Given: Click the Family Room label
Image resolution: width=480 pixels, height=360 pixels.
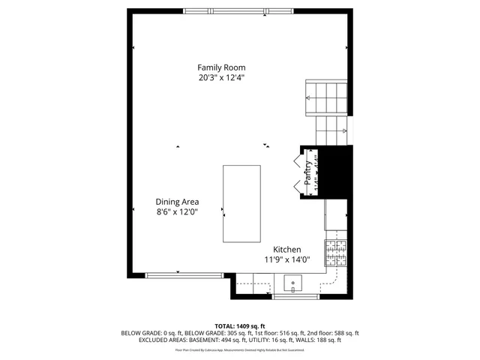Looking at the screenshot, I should click(x=221, y=67).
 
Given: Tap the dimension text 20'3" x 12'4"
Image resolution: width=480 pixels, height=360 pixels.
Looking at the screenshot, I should click(x=221, y=77).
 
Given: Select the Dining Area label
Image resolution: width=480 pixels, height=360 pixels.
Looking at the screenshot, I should click(x=177, y=201).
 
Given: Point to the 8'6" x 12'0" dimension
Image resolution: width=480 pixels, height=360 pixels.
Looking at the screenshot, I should click(x=177, y=211).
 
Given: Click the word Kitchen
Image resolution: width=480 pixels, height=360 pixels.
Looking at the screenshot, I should click(x=286, y=250).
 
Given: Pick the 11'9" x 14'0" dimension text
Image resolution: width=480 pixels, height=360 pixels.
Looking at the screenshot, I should click(x=286, y=260).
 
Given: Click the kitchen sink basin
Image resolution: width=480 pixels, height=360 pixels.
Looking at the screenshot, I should click(x=293, y=283).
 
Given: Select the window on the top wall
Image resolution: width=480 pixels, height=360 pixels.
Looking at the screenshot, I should click(x=225, y=11).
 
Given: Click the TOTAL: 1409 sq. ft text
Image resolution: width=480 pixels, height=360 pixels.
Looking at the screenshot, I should click(x=240, y=325).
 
